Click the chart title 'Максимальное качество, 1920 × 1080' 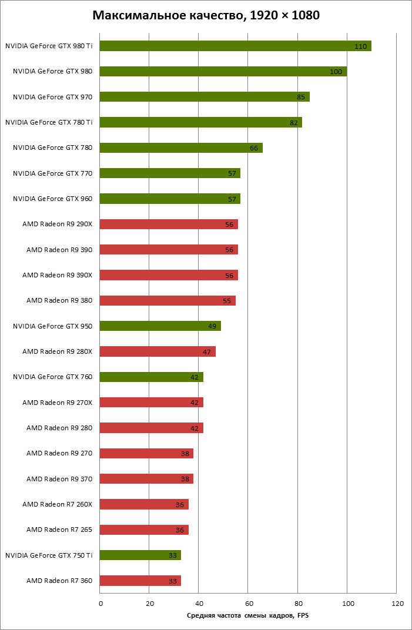206,16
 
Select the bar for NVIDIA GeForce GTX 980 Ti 235,46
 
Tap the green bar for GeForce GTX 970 204,97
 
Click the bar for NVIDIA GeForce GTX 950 160,326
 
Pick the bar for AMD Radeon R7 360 140,581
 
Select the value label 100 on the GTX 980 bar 336,72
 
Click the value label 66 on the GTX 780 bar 254,148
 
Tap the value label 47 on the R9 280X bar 207,352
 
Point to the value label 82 293,123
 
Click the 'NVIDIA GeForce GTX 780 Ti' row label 49,122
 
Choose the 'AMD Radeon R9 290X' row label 58,224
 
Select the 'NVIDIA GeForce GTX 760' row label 53,377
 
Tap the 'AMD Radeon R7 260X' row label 58,504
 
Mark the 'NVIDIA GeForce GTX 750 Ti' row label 49,555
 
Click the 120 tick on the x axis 397,604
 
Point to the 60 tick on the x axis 249,604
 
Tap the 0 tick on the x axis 101,604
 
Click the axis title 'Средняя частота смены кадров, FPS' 247,615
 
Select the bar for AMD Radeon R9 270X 151,403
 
